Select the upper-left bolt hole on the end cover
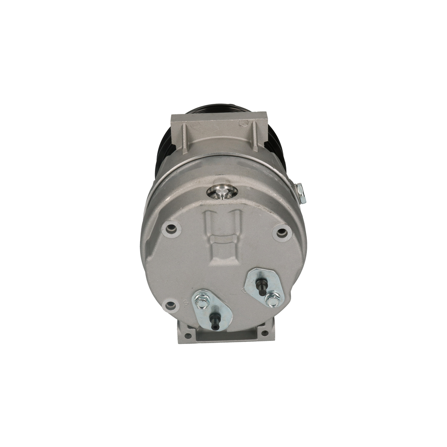point(171,228)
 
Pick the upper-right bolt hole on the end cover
point(282,232)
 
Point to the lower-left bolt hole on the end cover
point(170,305)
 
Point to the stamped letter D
point(243,289)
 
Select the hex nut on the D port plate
point(272,300)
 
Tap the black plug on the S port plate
point(214,322)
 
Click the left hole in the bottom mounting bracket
point(188,335)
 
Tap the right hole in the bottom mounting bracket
point(264,333)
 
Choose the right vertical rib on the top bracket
point(255,136)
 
